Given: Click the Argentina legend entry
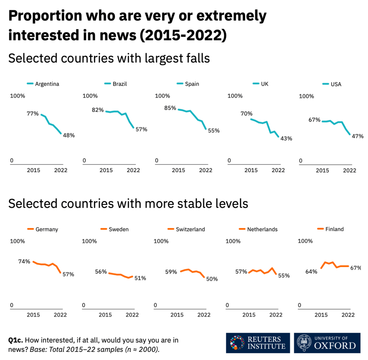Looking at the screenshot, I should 43,84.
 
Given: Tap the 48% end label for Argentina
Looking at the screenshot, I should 69,135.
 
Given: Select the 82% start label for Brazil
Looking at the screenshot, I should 98,110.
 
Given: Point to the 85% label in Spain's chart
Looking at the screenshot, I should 170,108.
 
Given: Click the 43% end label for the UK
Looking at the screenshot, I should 286,138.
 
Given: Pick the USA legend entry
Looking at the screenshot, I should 332,84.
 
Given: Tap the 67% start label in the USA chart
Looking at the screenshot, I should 314,120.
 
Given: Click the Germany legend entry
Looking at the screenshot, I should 43,229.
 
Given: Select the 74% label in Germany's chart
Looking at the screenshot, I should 24,261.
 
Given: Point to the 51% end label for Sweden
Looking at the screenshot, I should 140,278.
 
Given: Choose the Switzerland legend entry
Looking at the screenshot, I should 187,229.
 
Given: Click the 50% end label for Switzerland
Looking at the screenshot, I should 212,279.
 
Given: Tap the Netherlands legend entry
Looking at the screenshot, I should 258,229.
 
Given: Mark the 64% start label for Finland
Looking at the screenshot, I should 311,272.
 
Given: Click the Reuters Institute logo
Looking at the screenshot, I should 258,343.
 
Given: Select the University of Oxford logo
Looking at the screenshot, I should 327,343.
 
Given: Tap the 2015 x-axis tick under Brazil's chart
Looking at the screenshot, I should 106,170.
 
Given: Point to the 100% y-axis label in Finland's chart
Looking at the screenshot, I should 305,241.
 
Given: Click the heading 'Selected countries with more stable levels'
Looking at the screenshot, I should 128,204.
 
